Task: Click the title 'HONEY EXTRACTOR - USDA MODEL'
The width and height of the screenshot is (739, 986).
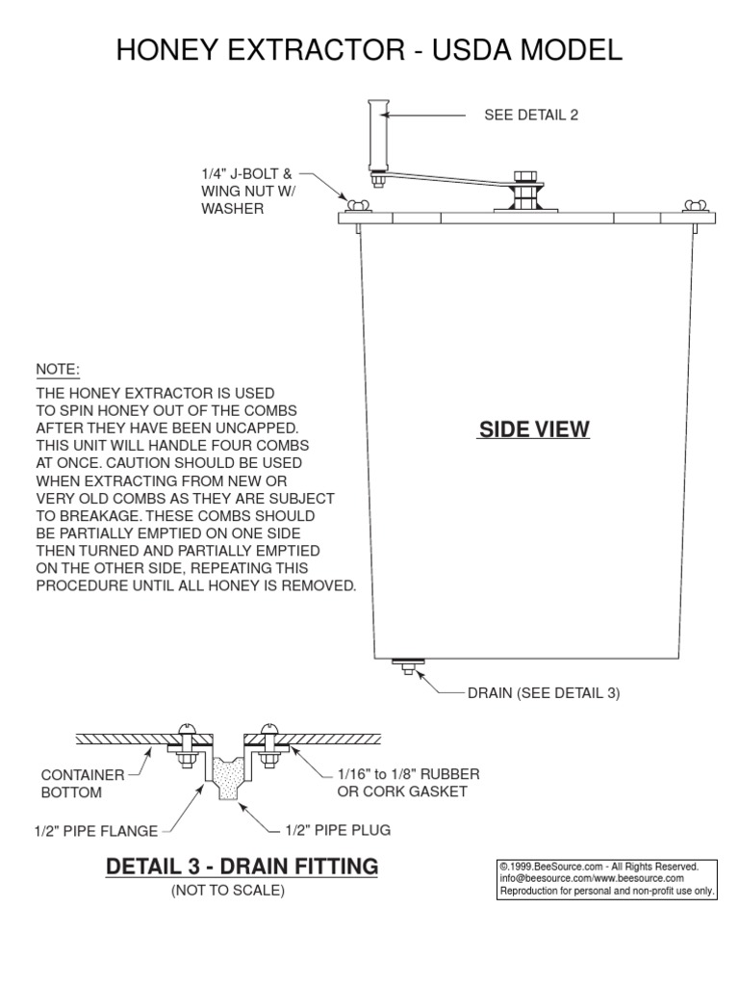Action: pos(369,50)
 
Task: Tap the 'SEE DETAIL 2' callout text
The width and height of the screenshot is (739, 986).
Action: pos(530,115)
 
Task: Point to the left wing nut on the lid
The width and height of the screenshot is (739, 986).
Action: pos(359,204)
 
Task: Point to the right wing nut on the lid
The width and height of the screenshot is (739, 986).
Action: pos(693,204)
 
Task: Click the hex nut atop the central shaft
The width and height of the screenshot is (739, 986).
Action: pos(525,176)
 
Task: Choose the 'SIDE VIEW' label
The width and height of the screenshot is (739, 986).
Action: pos(534,429)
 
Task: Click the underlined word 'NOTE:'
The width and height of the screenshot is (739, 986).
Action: pos(58,370)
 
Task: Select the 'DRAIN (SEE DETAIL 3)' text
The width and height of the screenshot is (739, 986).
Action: pos(544,692)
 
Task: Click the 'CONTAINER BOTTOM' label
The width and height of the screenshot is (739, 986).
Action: pos(83,783)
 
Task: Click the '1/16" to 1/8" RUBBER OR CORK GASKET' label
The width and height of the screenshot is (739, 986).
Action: pos(408,783)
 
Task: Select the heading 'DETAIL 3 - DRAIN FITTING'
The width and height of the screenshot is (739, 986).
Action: pos(242,867)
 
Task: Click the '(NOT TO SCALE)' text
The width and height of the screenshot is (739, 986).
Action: pos(228,891)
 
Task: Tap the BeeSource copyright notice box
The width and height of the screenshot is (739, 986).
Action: pos(605,879)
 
